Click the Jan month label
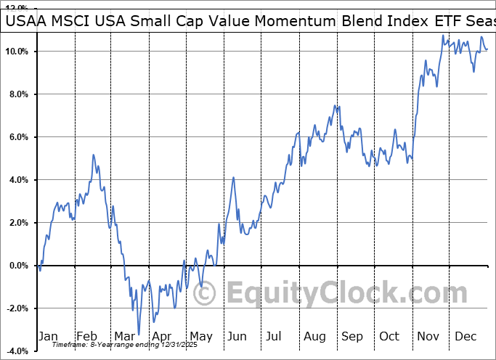(x=49, y=337)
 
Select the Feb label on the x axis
(x=86, y=337)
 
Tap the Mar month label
(x=124, y=337)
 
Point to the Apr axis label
(x=161, y=337)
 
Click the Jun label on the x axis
(x=237, y=337)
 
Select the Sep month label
(x=351, y=337)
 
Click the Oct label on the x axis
(x=389, y=337)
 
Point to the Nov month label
(x=427, y=337)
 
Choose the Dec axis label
(x=465, y=337)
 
